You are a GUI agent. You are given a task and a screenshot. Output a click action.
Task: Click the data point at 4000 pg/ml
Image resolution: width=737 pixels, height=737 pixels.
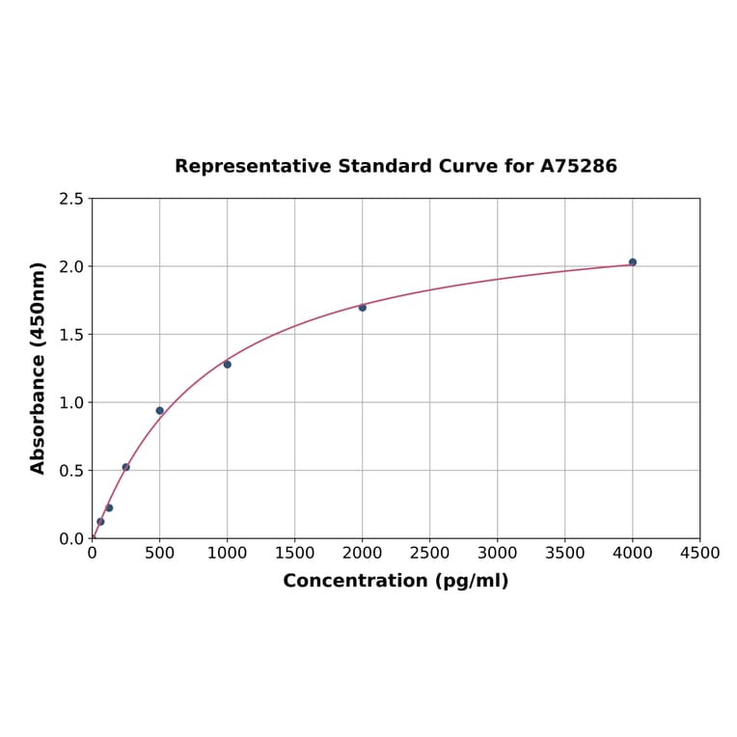pos(633,262)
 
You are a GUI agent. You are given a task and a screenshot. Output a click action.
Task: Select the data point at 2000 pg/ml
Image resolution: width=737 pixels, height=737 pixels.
pos(363,308)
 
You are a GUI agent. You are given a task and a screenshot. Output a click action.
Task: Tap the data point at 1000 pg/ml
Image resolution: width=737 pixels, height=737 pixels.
pos(228,365)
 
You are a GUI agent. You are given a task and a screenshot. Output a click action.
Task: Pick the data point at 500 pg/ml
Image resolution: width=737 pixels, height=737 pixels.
pos(160,411)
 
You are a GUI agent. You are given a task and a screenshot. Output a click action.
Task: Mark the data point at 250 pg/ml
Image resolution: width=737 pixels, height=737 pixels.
pos(126,467)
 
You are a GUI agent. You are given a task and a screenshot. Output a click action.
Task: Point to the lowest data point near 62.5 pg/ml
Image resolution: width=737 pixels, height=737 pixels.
pos(100,522)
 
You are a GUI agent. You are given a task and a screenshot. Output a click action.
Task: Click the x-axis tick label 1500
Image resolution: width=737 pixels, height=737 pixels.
pos(295,554)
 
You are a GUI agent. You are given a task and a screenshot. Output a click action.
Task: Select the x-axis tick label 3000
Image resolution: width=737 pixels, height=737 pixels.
pos(498,554)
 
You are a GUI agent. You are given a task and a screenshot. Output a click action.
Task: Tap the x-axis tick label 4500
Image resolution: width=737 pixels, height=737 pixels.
pos(699,554)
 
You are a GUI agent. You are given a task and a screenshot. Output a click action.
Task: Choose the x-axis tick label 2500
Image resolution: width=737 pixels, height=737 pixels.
pos(430,554)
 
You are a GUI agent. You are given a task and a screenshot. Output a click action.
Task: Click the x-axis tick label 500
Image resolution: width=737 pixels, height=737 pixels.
pos(160,554)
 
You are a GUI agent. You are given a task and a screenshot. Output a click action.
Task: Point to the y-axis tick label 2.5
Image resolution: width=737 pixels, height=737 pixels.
pos(71,199)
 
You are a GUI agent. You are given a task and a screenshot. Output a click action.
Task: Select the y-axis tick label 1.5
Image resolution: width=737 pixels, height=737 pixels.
pos(71,335)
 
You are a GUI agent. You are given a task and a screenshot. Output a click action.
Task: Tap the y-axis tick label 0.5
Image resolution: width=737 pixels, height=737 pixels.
pos(71,471)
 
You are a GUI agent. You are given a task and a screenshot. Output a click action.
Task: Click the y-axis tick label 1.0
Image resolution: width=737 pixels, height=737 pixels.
pos(71,403)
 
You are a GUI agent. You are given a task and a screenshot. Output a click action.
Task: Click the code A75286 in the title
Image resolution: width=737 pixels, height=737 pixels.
pos(578,167)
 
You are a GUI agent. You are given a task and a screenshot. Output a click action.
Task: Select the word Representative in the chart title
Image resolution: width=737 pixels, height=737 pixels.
pos(254,167)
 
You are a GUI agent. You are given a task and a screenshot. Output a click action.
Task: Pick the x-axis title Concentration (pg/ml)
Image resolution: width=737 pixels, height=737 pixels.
pos(396,582)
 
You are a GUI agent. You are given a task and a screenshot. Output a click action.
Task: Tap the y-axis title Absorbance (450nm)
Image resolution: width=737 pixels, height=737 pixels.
pos(39,368)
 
